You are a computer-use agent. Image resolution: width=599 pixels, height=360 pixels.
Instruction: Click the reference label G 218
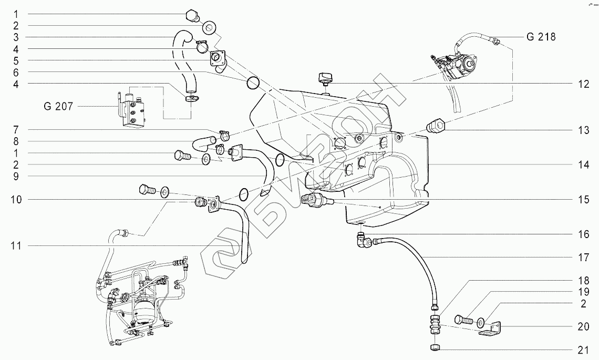coord(541,37)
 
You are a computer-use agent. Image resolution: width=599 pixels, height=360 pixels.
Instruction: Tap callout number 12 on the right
coord(583,84)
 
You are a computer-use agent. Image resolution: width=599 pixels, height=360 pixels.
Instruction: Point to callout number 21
coord(583,349)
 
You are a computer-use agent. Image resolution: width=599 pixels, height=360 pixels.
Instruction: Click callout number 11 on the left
coord(16,246)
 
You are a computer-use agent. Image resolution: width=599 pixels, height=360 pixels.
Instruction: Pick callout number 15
coord(583,200)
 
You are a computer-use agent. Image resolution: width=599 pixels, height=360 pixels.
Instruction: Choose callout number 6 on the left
coord(16,72)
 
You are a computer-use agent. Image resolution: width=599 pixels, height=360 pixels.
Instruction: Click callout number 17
coord(583,257)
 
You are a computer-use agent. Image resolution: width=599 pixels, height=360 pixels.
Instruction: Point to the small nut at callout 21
coord(435,347)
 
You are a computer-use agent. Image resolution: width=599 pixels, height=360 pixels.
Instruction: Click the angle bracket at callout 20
coord(490,328)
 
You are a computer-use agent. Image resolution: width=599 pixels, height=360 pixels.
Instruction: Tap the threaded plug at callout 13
coord(436,126)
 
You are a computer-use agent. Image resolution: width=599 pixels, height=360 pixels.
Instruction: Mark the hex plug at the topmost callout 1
coord(191,17)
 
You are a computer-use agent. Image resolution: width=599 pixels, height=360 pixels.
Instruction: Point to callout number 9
coord(16,176)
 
